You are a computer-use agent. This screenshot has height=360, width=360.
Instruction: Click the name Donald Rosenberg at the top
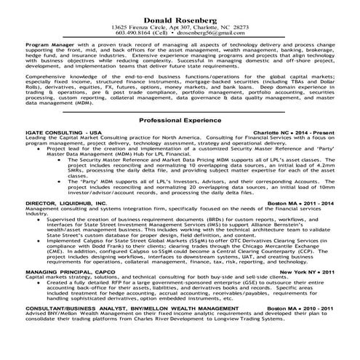tap(179, 17)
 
